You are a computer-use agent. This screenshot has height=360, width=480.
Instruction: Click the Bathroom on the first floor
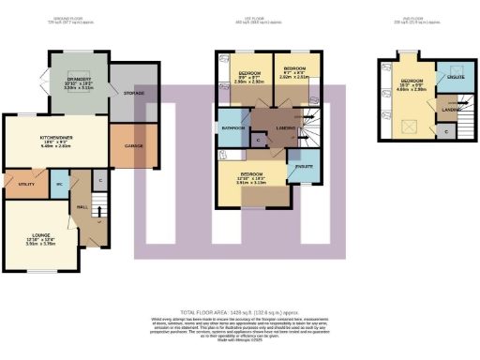[232, 127]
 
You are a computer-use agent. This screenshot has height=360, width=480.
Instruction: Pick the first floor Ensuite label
[303, 165]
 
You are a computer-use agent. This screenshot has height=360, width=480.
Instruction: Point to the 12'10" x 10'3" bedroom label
[251, 177]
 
